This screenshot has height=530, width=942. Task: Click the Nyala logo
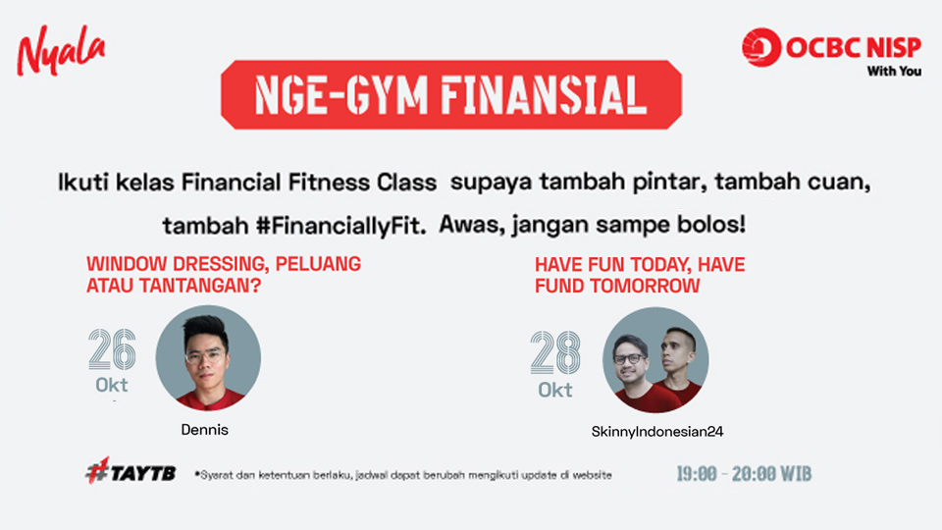61,50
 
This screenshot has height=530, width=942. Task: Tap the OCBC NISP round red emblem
761,47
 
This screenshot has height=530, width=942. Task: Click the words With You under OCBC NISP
894,71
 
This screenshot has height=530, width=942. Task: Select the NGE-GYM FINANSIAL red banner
451,95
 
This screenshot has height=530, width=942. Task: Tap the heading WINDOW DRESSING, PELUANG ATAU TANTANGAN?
224,274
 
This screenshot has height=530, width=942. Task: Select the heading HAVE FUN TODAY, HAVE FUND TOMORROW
640,275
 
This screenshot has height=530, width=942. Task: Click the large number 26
112,349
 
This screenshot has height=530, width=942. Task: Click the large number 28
555,352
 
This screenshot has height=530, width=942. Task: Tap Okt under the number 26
112,385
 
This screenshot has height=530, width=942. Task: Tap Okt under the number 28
555,390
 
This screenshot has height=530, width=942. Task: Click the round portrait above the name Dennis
208,358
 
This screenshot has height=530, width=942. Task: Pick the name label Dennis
205,430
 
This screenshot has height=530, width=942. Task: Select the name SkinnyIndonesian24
657,432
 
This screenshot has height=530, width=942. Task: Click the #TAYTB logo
131,470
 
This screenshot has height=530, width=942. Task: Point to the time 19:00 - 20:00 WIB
744,474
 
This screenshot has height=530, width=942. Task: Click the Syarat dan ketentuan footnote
403,475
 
